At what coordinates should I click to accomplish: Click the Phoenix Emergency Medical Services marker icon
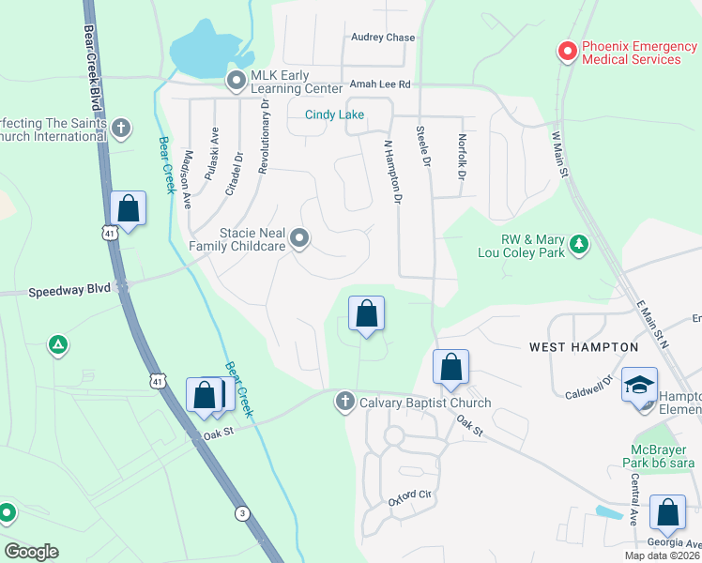(x=567, y=52)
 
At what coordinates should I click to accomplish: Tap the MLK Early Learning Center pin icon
(x=237, y=82)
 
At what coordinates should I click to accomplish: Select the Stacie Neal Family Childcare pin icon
(x=299, y=239)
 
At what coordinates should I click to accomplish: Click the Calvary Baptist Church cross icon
(x=344, y=403)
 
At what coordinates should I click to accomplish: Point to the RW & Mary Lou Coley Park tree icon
(x=580, y=245)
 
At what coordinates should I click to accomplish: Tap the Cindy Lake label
(x=334, y=114)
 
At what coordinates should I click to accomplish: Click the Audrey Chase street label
(x=383, y=38)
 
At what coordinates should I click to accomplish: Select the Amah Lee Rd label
(x=381, y=84)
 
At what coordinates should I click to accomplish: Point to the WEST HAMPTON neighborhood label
(x=584, y=347)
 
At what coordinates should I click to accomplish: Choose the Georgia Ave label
(x=674, y=543)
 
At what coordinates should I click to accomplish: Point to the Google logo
(x=31, y=552)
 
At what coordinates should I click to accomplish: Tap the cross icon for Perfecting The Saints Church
(x=120, y=129)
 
